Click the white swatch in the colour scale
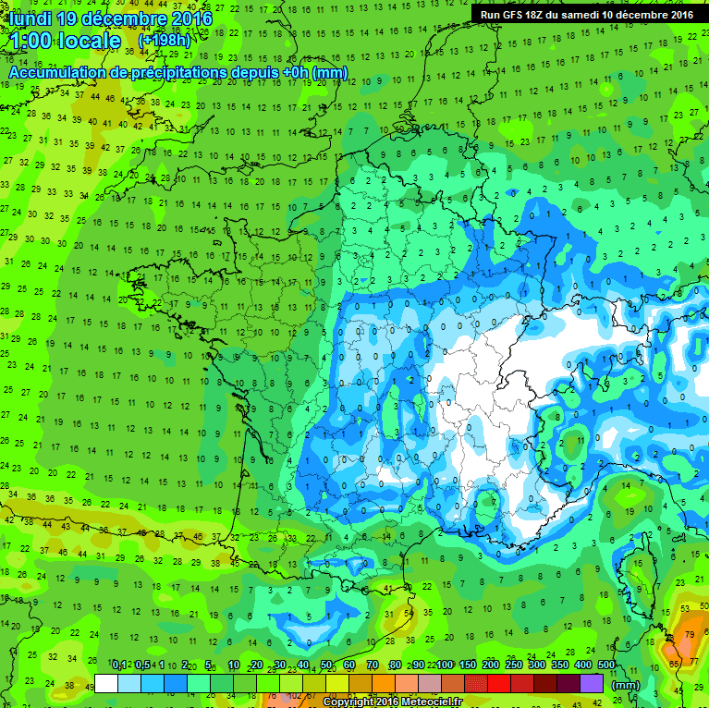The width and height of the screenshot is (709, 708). point(106,683)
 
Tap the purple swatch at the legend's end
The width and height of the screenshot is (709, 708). point(592,683)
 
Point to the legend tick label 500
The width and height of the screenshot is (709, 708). point(605,665)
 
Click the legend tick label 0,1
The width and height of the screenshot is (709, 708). point(119,665)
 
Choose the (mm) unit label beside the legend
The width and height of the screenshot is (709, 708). point(625,684)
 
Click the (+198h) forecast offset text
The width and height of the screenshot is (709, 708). point(164,41)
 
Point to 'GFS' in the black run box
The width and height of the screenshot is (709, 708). point(508,14)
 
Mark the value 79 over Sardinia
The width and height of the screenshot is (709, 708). point(691,634)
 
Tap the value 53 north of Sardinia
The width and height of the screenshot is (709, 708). point(686,607)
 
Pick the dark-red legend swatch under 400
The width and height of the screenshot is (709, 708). point(568,683)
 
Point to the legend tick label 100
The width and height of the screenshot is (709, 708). point(444,665)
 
